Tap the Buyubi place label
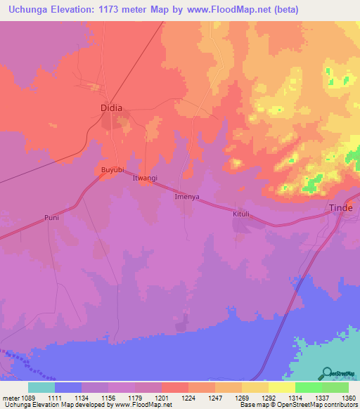click(x=112, y=170)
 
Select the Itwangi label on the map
click(x=146, y=179)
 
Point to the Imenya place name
click(x=188, y=197)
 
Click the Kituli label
click(x=242, y=211)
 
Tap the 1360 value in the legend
click(x=348, y=398)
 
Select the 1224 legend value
click(x=188, y=398)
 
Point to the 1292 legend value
click(x=268, y=398)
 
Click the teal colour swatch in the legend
click(x=41, y=387)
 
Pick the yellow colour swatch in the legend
click(x=281, y=387)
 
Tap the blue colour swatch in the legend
click(x=68, y=387)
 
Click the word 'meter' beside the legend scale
click(x=9, y=398)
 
